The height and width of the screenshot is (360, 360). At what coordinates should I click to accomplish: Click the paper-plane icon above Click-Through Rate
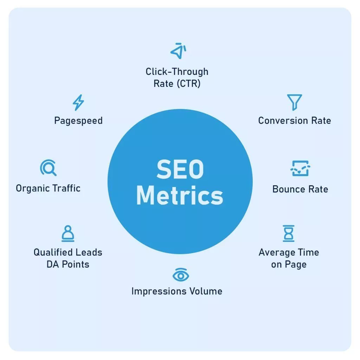pyautogui.click(x=178, y=51)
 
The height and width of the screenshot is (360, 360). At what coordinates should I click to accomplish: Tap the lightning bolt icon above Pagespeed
pyautogui.click(x=78, y=102)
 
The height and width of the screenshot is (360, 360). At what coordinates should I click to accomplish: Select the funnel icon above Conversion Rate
pyautogui.click(x=294, y=102)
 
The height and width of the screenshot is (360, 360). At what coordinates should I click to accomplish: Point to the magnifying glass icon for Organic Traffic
pyautogui.click(x=48, y=168)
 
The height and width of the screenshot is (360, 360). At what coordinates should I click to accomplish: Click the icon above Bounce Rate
pyautogui.click(x=300, y=168)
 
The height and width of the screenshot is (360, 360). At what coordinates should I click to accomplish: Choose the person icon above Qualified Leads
pyautogui.click(x=68, y=233)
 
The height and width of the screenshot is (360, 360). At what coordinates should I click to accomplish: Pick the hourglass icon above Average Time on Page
pyautogui.click(x=289, y=233)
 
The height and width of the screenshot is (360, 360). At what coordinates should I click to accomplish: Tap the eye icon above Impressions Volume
pyautogui.click(x=181, y=275)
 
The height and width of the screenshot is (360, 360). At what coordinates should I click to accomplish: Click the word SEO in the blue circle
pyautogui.click(x=180, y=169)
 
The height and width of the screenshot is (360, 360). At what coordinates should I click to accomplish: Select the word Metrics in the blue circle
pyautogui.click(x=180, y=195)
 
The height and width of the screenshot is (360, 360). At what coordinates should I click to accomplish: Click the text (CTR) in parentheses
pyautogui.click(x=189, y=84)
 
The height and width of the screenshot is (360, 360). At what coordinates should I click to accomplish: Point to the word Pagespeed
pyautogui.click(x=78, y=121)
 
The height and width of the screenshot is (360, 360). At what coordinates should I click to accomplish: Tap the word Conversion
pyautogui.click(x=283, y=121)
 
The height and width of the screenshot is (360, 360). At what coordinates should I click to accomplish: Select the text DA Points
pyautogui.click(x=68, y=264)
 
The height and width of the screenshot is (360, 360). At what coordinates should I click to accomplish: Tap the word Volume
pyautogui.click(x=204, y=291)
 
